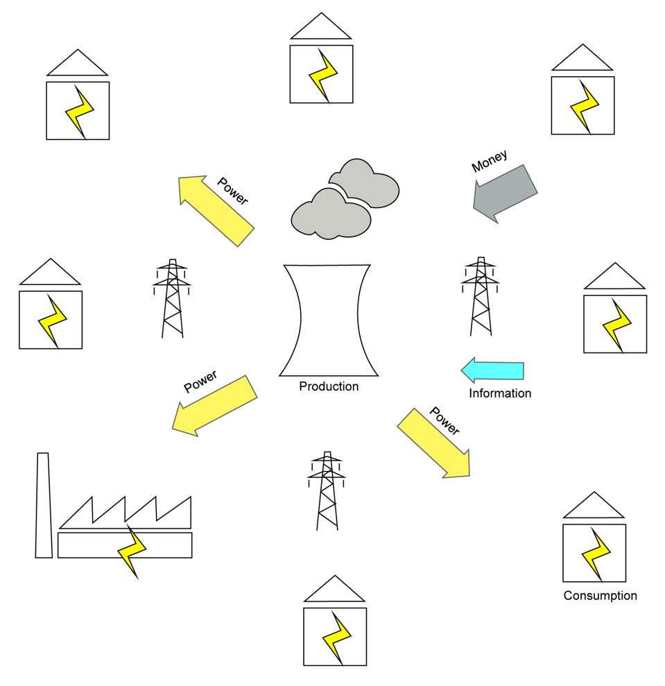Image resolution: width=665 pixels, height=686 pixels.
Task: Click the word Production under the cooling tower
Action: (329, 386)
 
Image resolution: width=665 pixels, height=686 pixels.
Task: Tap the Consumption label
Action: (600, 595)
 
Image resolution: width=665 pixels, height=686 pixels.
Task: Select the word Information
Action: (500, 393)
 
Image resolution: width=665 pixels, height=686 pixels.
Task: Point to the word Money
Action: (490, 160)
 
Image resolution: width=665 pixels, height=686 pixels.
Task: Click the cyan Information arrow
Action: (492, 370)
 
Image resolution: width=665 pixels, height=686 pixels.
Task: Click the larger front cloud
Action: (329, 213)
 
